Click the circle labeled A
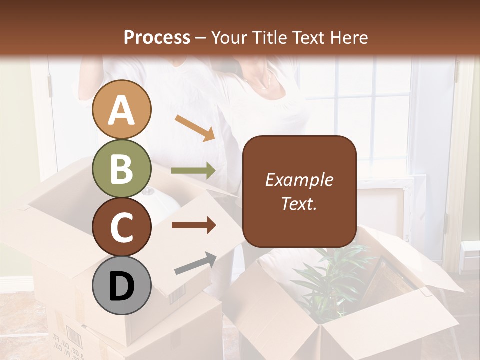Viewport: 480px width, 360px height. coord(121,110)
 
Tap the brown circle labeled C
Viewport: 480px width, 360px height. coord(121,227)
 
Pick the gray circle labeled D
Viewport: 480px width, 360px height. coord(121,285)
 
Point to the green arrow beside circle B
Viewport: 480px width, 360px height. coord(193,171)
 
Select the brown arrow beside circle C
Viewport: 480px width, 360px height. coord(193,225)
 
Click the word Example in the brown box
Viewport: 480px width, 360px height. coord(299,180)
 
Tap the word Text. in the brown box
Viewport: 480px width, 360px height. coord(299,203)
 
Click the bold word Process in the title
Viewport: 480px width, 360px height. coord(157,37)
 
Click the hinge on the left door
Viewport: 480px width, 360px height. coord(50,86)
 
